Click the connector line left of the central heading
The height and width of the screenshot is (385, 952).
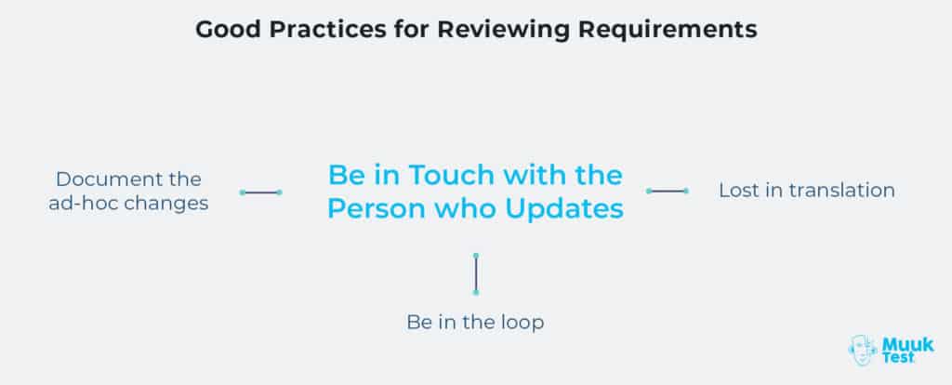click(x=261, y=192)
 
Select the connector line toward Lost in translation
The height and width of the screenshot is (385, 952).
click(x=667, y=191)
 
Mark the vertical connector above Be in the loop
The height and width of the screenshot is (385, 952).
click(x=475, y=272)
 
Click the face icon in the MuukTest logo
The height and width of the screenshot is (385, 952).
click(x=863, y=350)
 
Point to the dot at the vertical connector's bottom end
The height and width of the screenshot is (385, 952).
click(x=475, y=292)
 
